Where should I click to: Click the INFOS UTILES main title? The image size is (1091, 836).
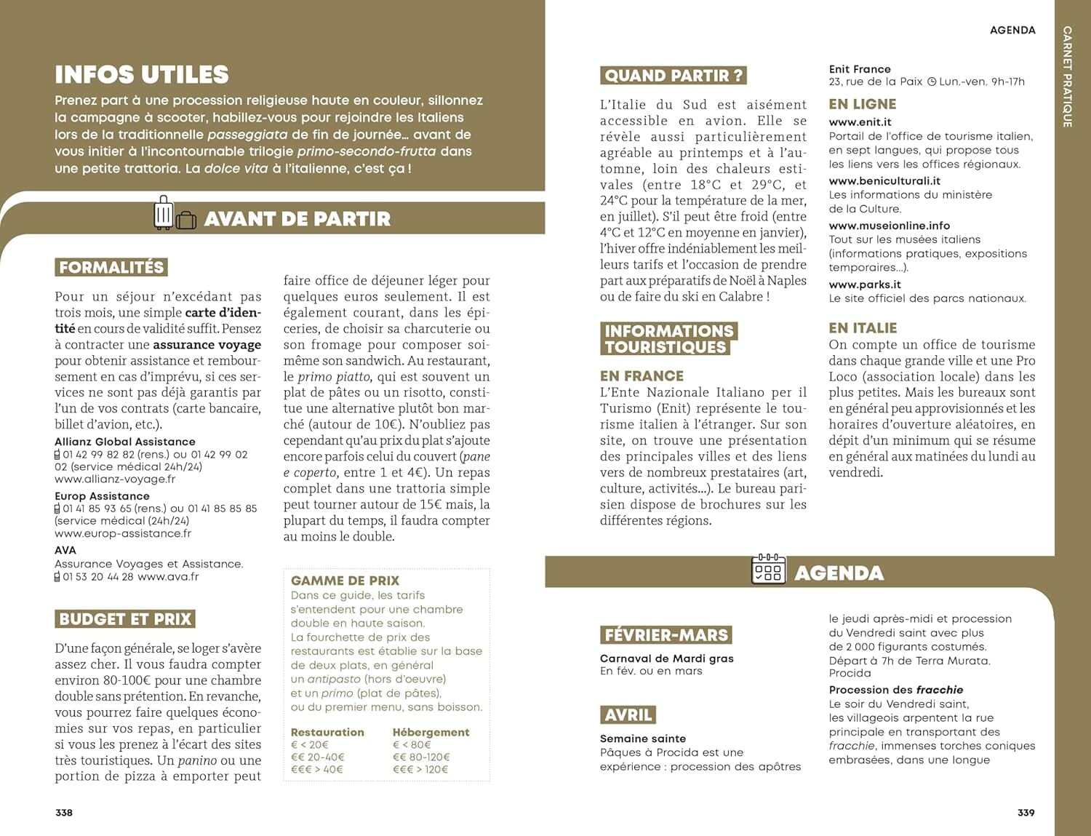[142, 74]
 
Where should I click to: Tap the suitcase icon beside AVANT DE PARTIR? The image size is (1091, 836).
[175, 214]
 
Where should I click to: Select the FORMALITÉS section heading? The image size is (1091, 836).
[111, 267]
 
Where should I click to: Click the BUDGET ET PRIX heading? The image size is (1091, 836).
[125, 619]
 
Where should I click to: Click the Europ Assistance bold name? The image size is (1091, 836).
[102, 496]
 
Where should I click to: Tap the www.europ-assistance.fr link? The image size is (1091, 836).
[123, 533]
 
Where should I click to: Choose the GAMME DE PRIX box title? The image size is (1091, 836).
[345, 581]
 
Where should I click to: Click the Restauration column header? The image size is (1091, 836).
[327, 732]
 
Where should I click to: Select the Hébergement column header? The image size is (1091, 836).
[431, 732]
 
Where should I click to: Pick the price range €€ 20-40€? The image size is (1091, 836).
[318, 757]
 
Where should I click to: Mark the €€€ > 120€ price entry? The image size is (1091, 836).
[420, 770]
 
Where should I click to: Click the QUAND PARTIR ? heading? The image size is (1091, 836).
[674, 76]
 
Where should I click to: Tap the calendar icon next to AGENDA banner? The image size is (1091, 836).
[767, 570]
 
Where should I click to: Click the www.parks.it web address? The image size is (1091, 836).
[865, 284]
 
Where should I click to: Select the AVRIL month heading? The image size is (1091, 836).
[628, 715]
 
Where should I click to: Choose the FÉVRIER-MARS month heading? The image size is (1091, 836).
[666, 635]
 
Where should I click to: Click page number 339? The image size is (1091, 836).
[1026, 813]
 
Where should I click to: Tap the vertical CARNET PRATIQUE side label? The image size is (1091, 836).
[1067, 76]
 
